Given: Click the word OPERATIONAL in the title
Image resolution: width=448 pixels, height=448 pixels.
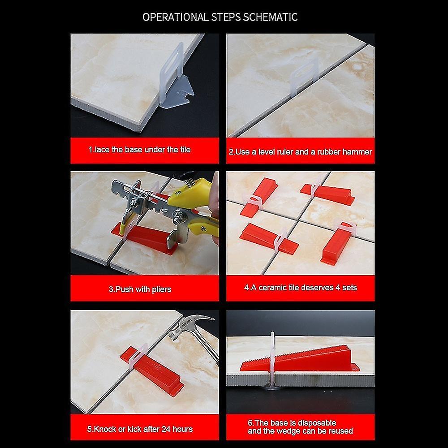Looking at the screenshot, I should click(x=175, y=17).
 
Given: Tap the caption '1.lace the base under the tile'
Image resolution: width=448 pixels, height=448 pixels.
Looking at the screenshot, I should click(x=139, y=150).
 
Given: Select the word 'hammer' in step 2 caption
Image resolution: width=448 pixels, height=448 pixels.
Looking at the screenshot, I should click(x=358, y=152).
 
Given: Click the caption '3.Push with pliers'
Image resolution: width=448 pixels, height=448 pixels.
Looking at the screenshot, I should click(x=140, y=289).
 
